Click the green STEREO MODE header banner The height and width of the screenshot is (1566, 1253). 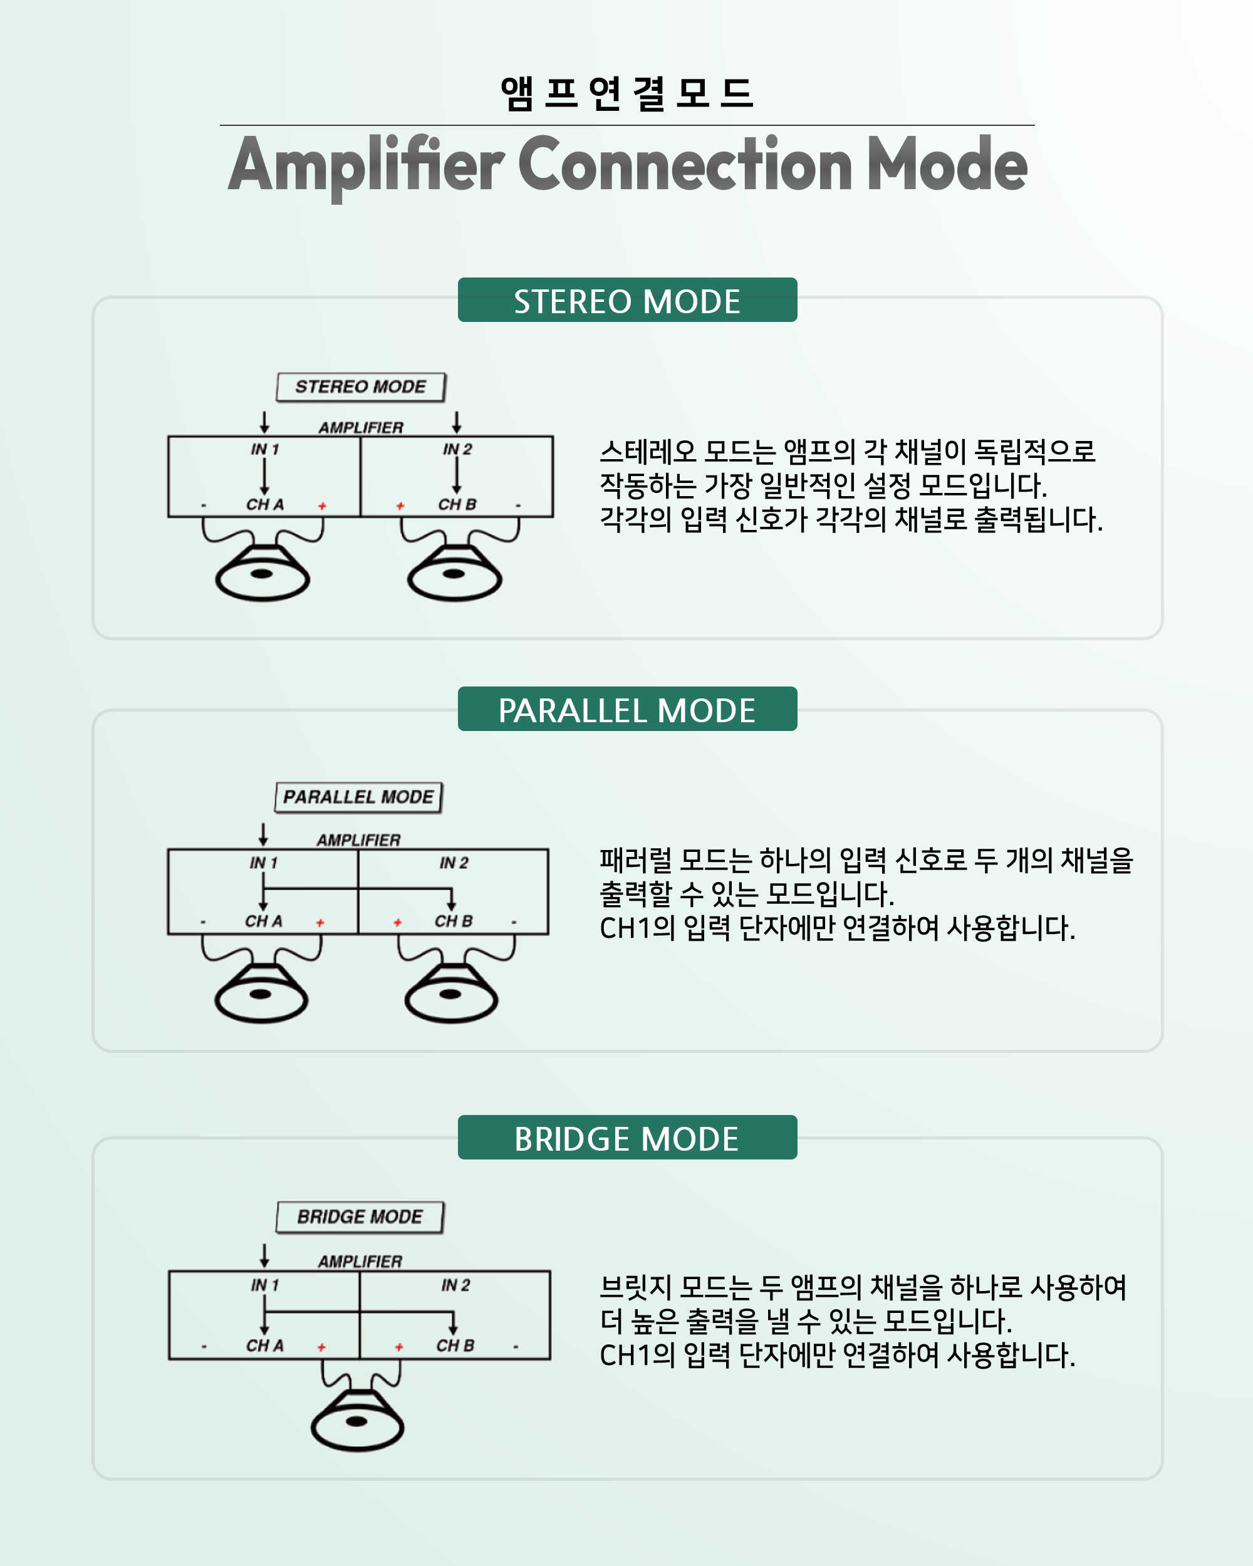[x=627, y=300]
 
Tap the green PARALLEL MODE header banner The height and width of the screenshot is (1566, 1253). [x=627, y=709]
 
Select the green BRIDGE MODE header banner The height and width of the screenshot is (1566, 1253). [x=627, y=1138]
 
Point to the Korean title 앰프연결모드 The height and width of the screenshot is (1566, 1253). [x=627, y=93]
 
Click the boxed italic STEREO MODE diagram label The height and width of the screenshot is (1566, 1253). [x=360, y=386]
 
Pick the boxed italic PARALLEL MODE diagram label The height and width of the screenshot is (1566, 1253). [x=358, y=797]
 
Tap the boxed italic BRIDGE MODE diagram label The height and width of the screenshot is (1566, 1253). [x=360, y=1216]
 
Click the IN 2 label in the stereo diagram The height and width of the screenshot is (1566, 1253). [x=457, y=450]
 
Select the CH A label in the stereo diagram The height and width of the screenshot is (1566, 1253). [x=264, y=504]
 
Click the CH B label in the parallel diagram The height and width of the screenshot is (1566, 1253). [x=453, y=921]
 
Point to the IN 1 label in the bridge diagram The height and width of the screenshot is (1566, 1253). [x=264, y=1285]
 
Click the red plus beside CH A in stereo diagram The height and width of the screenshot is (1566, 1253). [x=322, y=506]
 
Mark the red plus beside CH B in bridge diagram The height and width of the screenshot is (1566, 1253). [x=399, y=1347]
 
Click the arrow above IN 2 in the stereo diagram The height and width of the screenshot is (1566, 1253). [x=456, y=422]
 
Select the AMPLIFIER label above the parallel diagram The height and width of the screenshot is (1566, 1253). [x=358, y=839]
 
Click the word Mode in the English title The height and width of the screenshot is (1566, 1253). [x=947, y=165]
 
